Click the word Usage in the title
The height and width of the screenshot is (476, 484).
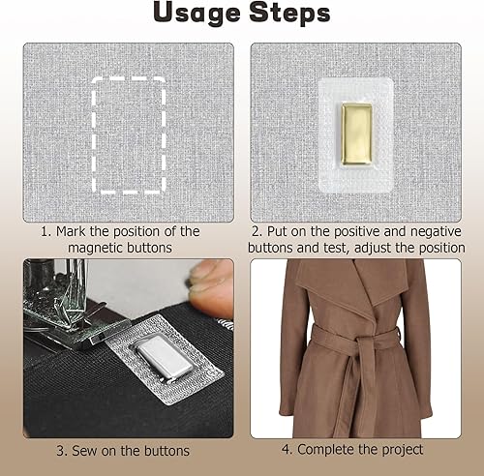197,14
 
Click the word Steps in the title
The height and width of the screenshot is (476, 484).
289,13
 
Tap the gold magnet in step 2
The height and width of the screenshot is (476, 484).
356,134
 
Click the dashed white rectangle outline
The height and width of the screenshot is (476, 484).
94,135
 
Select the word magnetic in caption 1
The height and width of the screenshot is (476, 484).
96,248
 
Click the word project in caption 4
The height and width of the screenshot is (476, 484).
403,450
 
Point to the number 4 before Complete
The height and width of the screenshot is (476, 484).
286,450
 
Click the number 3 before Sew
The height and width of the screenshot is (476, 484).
60,451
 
